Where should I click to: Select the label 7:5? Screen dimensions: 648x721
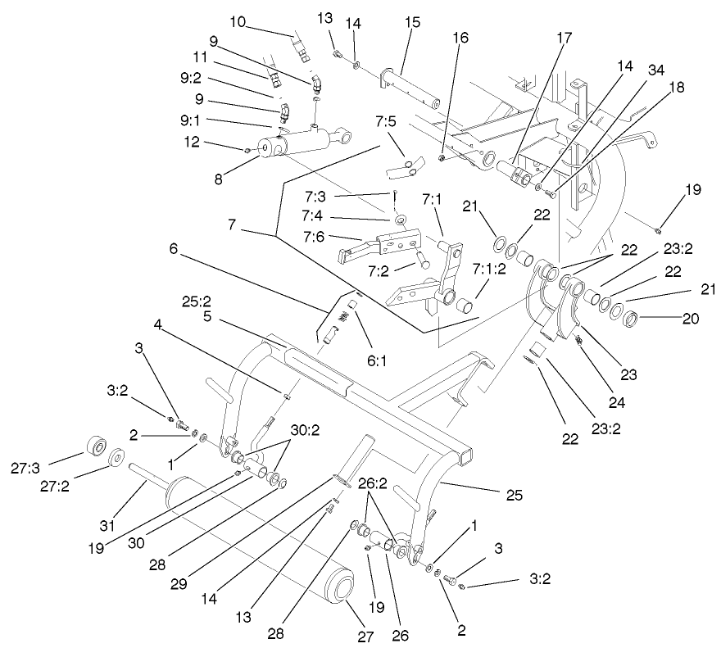pyautogui.click(x=385, y=122)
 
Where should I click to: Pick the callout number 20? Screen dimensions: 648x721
pyautogui.click(x=691, y=318)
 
